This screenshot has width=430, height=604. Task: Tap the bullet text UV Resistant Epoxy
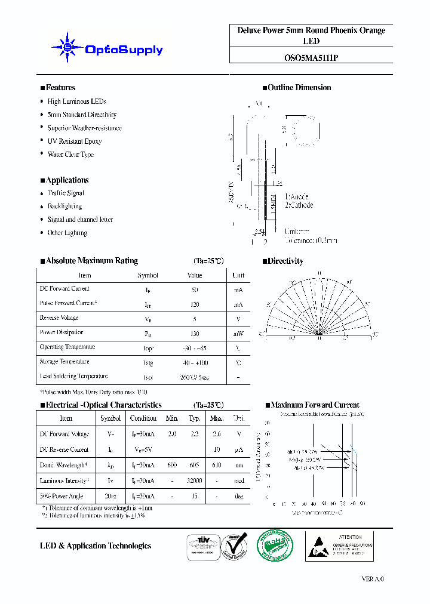(75, 141)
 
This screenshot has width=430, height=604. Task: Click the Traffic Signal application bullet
(66, 193)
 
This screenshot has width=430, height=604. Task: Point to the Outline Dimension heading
(299, 88)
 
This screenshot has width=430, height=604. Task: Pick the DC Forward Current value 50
(195, 289)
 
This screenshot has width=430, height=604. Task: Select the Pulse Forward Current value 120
(195, 304)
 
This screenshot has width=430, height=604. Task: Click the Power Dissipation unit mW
(238, 333)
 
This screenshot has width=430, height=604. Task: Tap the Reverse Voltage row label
(59, 318)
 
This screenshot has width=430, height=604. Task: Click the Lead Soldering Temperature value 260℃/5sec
(195, 377)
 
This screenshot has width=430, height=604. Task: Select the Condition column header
(143, 418)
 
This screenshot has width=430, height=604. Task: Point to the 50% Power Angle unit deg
(238, 497)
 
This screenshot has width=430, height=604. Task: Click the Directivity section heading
(285, 261)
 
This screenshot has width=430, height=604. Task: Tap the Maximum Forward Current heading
(315, 405)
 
